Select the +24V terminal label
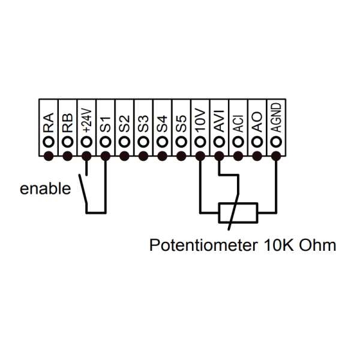(x=86, y=120)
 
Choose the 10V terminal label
(x=200, y=121)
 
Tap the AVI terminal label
(x=220, y=121)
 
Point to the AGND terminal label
(x=276, y=118)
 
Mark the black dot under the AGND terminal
(x=276, y=157)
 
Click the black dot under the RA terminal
(x=49, y=157)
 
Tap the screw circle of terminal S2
(x=124, y=142)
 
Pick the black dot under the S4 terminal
(x=162, y=157)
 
